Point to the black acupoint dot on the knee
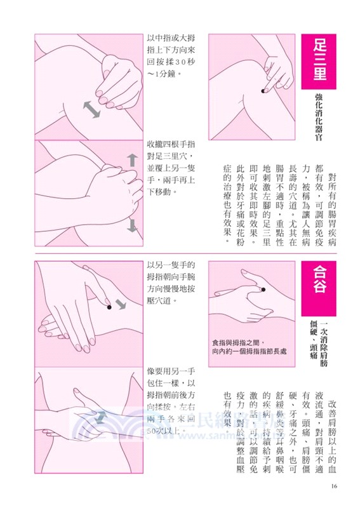click(263, 93)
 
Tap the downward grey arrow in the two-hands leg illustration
click(133, 225)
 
